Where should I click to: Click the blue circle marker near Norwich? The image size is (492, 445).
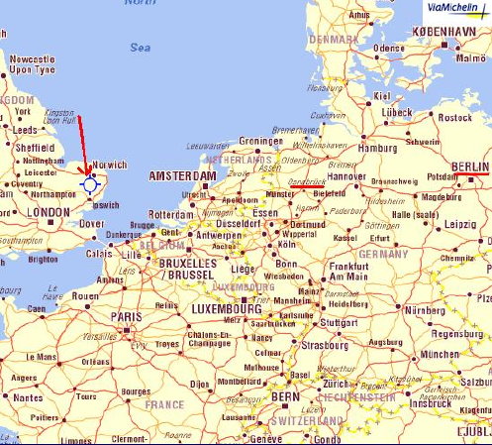tap(90, 183)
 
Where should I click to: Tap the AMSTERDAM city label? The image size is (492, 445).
tap(181, 176)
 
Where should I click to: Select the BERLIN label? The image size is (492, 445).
tap(469, 166)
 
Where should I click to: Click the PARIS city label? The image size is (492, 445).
tap(125, 317)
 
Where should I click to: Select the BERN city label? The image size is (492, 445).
tap(285, 396)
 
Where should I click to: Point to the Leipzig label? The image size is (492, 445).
tap(460, 224)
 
